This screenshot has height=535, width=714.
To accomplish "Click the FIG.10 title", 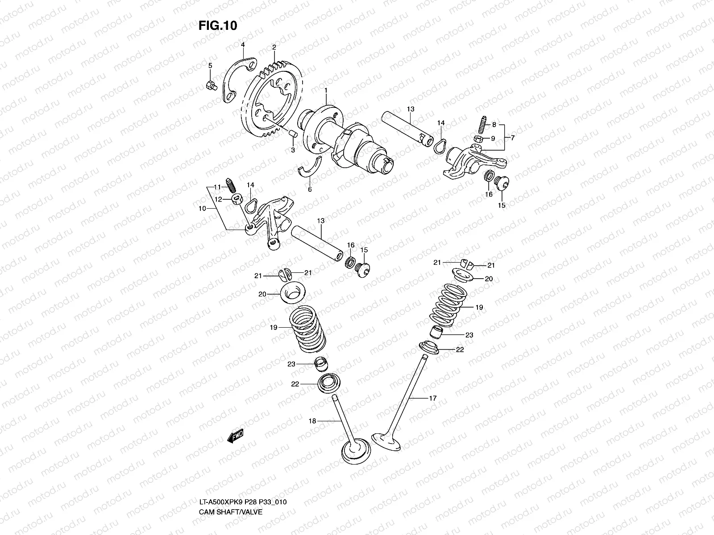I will click(218, 26).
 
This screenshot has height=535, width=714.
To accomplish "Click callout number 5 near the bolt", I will click(210, 66).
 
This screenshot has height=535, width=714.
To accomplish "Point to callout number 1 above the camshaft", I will click(326, 91).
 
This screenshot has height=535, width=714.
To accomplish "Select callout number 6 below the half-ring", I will click(310, 189).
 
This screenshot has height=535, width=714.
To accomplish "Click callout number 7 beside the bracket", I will click(513, 138).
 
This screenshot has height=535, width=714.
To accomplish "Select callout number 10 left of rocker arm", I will click(202, 208).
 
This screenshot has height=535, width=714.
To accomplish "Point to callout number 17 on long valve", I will click(432, 399).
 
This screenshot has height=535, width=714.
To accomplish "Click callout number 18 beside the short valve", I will click(312, 420).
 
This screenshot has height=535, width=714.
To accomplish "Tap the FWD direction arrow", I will click(235, 436).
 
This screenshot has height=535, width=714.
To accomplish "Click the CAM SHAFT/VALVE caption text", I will click(231, 474).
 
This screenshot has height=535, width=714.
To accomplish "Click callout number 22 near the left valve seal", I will click(295, 384).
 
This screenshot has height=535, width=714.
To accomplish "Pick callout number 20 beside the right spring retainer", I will click(489, 279).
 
